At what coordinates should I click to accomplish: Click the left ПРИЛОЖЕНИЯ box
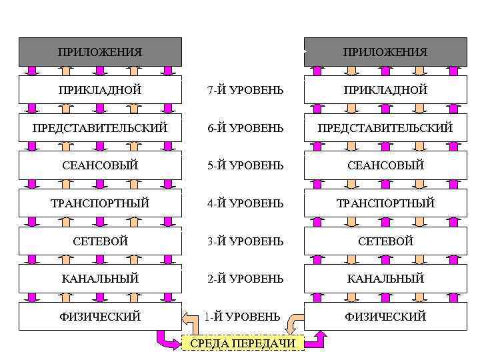coord(100,52)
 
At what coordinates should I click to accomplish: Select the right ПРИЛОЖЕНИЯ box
coord(385,52)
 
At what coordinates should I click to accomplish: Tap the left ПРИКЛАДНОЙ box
coord(100,90)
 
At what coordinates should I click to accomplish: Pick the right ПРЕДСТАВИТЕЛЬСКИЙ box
coord(385,127)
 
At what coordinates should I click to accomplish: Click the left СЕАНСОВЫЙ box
coord(100,165)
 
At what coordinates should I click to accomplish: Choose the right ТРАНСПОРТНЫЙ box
coord(385,203)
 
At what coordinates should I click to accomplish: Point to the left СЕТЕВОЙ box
coord(100,241)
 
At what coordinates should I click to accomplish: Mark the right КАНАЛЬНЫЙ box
coord(385,279)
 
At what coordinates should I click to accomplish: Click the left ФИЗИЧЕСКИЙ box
coord(100,317)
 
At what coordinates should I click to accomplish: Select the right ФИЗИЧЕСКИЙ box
coord(385,317)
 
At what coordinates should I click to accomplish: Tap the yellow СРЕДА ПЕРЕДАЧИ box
coord(243,343)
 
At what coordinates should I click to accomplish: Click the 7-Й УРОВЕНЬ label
coord(245,90)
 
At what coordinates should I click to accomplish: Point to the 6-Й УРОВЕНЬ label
coord(245,127)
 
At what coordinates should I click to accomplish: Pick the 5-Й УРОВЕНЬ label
coord(245,165)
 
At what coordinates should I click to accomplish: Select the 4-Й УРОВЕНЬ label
coord(245,203)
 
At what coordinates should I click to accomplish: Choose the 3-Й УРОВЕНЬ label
coord(245,241)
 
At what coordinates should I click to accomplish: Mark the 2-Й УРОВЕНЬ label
coord(245,279)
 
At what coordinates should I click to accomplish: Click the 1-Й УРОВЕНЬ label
coord(243,317)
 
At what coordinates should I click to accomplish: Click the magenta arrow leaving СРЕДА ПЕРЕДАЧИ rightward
coord(316,341)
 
